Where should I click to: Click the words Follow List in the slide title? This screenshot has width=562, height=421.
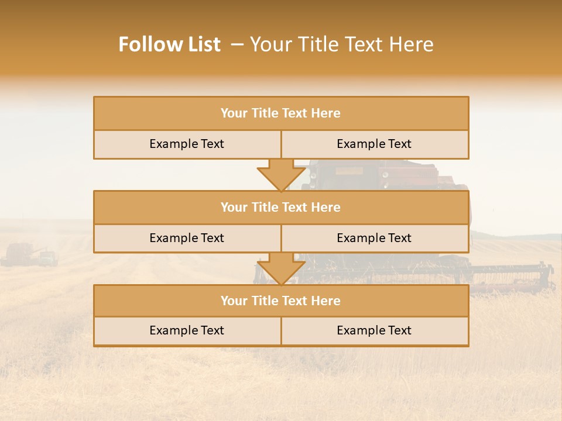(169, 44)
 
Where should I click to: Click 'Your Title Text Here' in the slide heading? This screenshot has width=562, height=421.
(341, 44)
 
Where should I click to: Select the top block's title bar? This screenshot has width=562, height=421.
(281, 113)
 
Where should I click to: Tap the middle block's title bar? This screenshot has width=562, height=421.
(281, 207)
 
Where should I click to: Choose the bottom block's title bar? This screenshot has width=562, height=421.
(281, 301)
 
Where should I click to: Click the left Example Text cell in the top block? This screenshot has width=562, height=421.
(187, 144)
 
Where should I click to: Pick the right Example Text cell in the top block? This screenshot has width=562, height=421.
(374, 144)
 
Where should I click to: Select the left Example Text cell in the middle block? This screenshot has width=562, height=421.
(187, 238)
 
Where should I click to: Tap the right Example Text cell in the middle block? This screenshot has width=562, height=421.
(374, 238)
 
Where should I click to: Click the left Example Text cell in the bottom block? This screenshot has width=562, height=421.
(187, 330)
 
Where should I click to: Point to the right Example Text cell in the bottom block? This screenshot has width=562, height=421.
(374, 330)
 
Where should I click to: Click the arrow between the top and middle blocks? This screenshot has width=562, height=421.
(281, 174)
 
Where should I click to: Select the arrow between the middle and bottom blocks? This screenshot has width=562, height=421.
(281, 268)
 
